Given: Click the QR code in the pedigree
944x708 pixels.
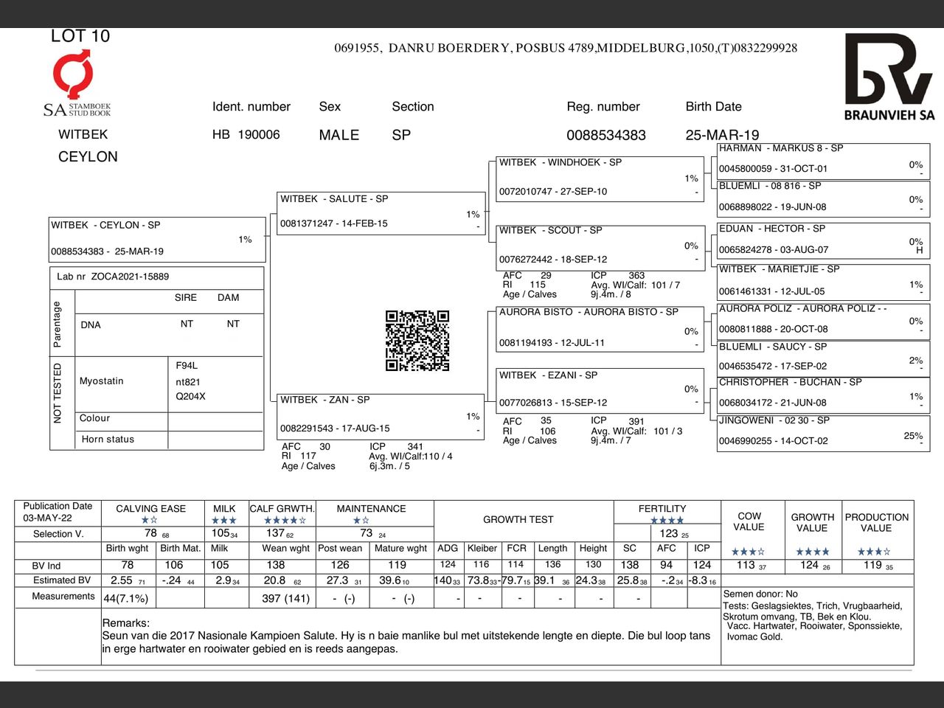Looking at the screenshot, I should (x=417, y=341).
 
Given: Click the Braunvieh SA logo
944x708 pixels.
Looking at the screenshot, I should (x=889, y=77).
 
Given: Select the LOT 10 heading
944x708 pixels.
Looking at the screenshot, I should (x=80, y=36).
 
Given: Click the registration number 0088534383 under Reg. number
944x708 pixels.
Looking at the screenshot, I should (x=606, y=135).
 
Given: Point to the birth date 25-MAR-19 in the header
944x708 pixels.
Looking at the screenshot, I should (x=722, y=135).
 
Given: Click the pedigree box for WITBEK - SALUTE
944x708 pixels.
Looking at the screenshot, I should (x=381, y=212).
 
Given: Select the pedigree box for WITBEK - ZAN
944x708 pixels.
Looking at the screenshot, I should (x=381, y=415).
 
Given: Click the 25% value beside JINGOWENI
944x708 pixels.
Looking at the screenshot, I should (x=913, y=436).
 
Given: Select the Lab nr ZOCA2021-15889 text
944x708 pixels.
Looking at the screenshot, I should (x=113, y=277).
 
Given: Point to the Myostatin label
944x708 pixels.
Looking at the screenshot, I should (x=102, y=381).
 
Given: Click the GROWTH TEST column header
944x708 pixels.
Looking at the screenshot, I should (x=518, y=519).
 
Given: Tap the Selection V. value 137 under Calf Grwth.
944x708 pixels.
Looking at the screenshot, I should (x=276, y=533).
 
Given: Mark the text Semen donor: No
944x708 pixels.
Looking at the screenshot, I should (x=760, y=594).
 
